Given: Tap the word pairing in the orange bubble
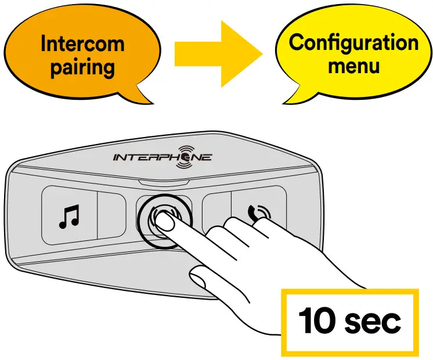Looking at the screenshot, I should tap(82, 68).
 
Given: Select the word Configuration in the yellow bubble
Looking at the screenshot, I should tap(353, 43).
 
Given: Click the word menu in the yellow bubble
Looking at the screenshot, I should tap(353, 65).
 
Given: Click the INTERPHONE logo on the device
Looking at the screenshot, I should tap(162, 157).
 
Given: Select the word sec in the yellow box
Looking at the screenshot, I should tap(371, 321).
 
